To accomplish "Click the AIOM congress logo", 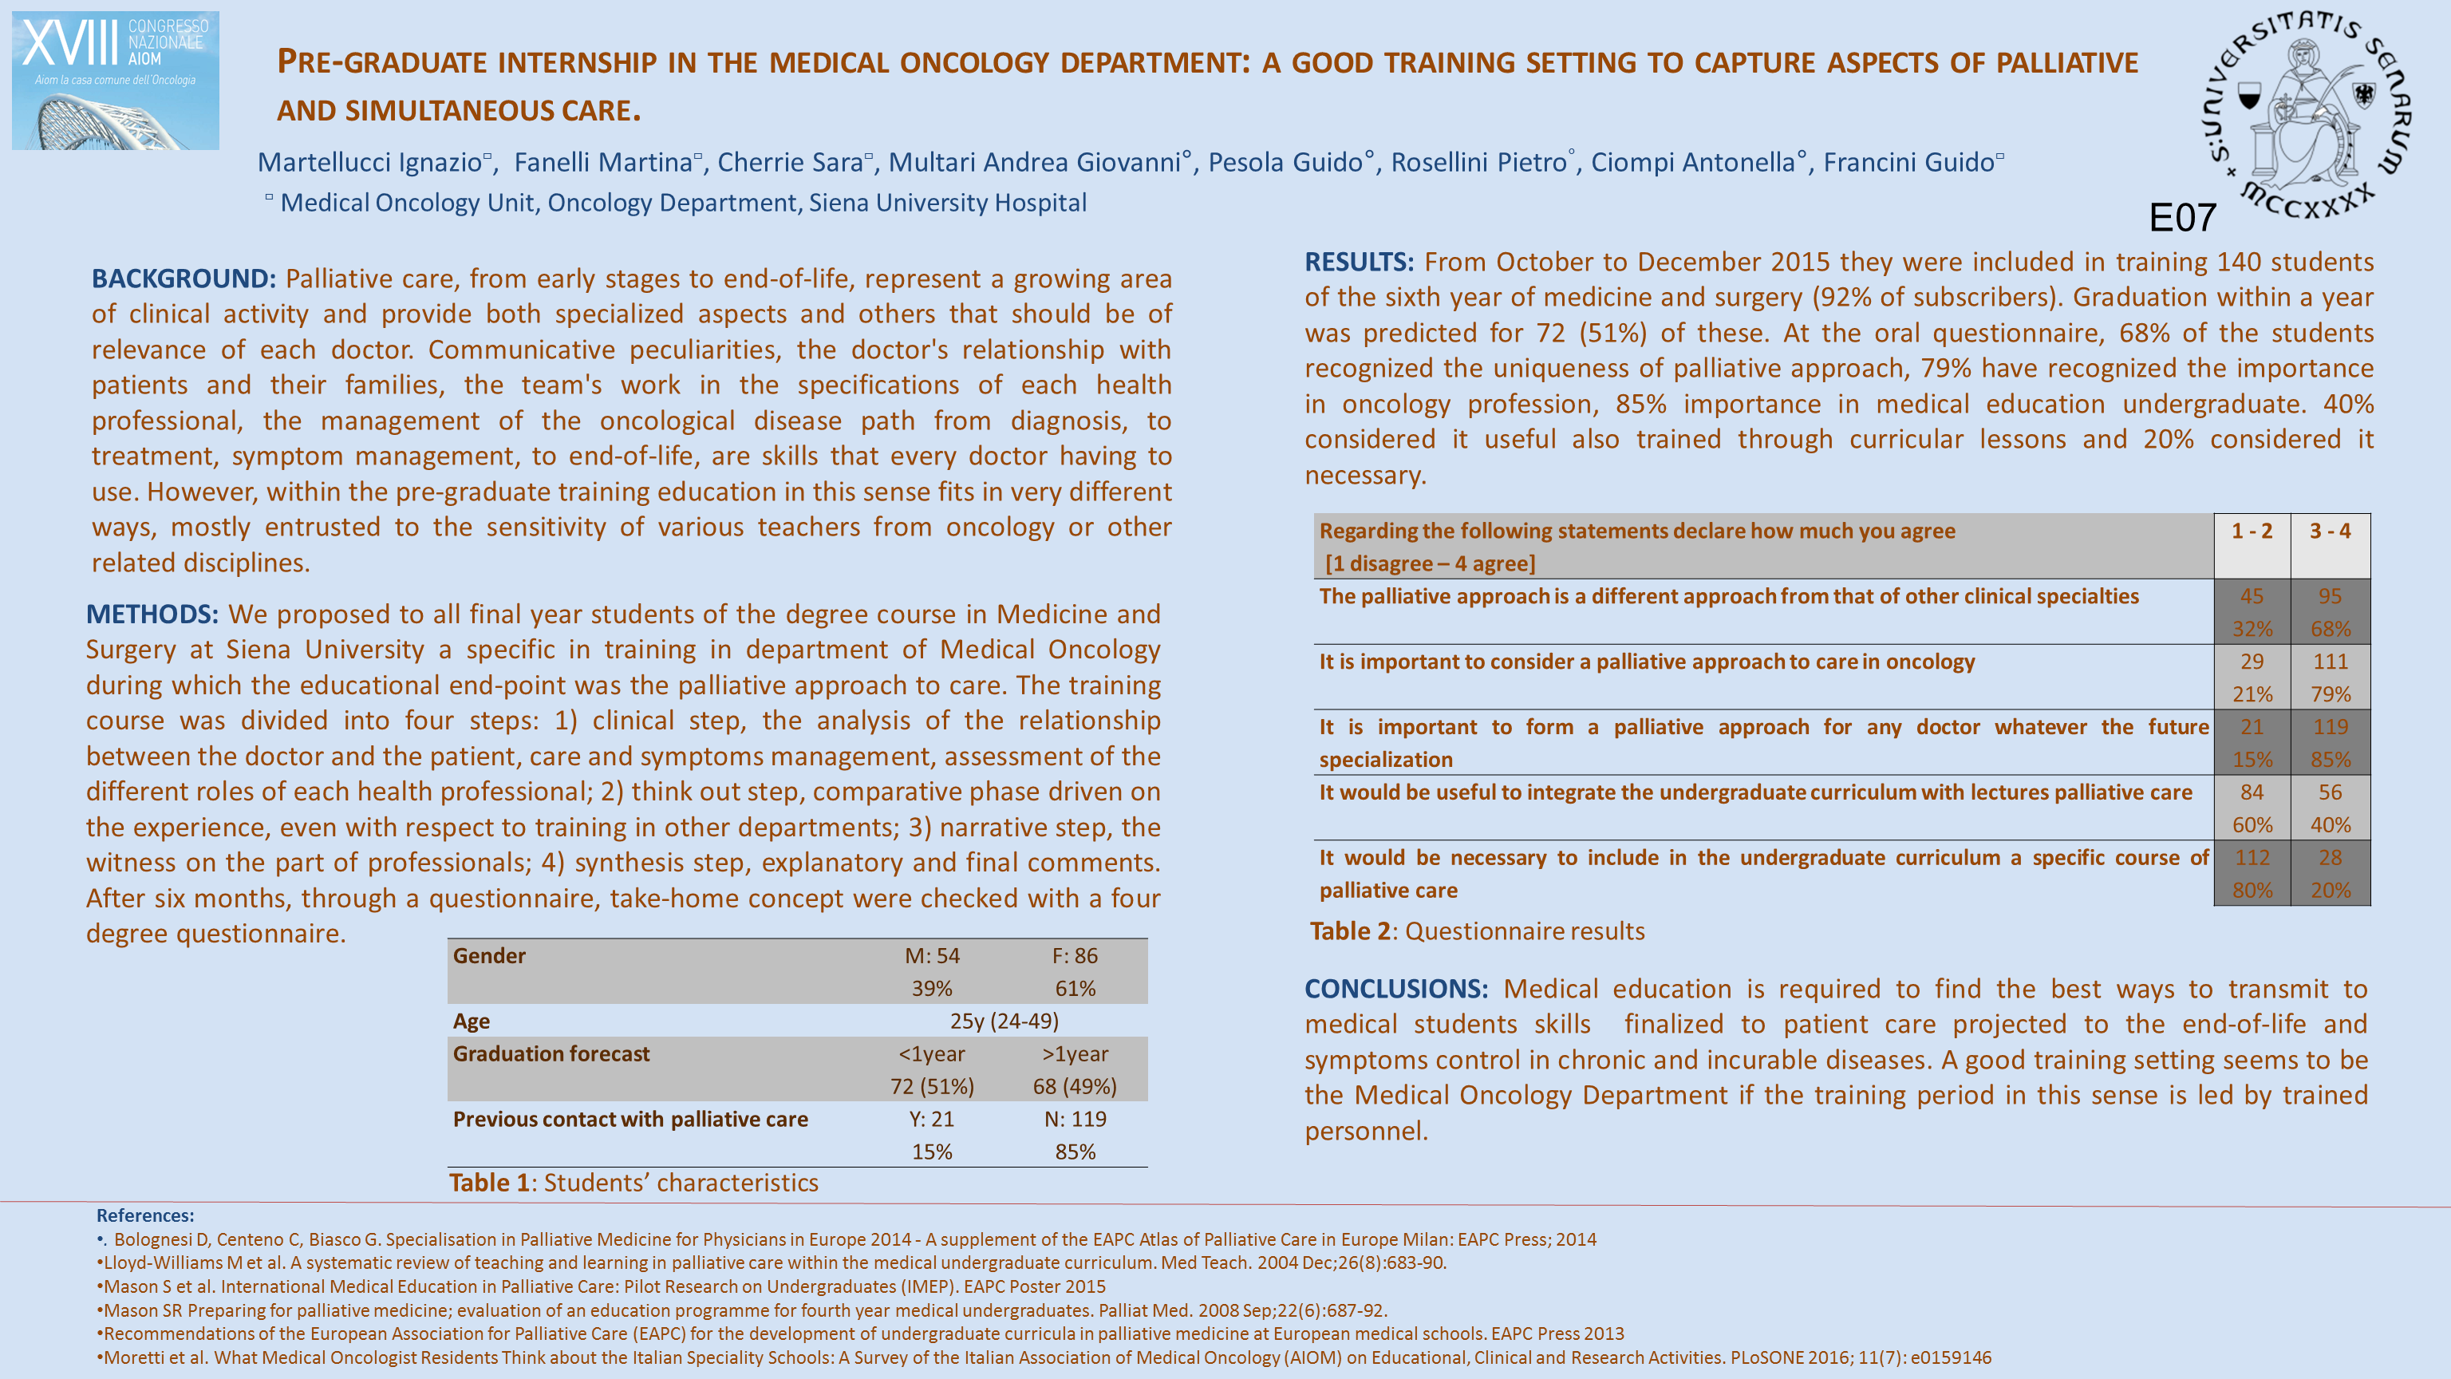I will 115,80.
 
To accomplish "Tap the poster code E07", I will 2182,218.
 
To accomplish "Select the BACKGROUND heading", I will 184,279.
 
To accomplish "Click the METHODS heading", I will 152,614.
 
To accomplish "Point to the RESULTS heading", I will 1359,262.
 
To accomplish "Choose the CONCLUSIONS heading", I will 1395,989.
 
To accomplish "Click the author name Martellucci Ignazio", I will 370,163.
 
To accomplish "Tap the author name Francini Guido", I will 1908,163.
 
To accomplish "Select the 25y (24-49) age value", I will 1004,1021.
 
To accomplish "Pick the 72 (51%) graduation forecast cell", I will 932,1086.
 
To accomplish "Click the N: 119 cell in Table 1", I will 1076,1119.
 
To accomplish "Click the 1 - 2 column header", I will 2252,531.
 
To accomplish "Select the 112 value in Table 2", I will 2252,857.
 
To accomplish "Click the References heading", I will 144,1215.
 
